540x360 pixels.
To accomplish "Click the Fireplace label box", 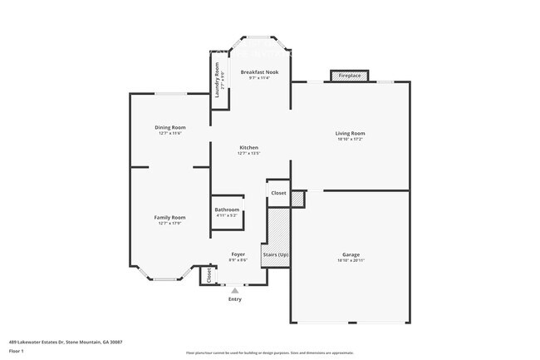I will tap(350, 76).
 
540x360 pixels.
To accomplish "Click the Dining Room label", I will tap(169, 127).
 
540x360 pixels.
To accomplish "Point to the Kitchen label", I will tap(249, 147).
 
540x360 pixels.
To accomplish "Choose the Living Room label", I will tap(350, 133).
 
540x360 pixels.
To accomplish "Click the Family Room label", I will tap(169, 217).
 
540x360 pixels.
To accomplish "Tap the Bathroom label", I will tap(227, 210).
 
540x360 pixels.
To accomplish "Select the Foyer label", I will tap(238, 254).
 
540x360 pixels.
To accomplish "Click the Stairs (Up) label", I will tap(276, 254).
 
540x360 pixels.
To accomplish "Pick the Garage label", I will tap(351, 254).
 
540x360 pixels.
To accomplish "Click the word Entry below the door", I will tap(235, 299).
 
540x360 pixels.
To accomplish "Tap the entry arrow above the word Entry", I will tap(235, 290).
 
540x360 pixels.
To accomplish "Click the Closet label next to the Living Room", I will tap(278, 193).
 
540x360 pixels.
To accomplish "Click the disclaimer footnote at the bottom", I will tap(269, 353).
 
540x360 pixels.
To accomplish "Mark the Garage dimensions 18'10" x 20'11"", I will tap(351, 261).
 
